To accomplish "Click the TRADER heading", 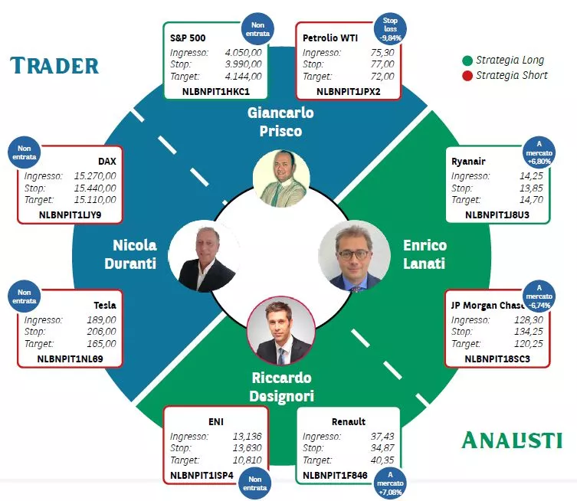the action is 54,66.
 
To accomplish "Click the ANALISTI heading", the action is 512,440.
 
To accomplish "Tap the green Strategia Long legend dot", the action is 467,61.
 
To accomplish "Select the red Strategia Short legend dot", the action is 467,76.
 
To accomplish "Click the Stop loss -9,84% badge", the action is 390,29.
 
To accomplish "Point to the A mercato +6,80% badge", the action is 539,152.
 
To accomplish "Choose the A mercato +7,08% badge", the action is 390,483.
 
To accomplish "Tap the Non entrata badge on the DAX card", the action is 25,152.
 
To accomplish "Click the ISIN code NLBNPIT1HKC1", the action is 216,92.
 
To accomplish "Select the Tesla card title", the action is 105,306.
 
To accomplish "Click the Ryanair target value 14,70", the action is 531,200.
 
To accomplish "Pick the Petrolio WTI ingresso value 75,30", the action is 382,53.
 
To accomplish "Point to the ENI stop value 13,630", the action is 247,448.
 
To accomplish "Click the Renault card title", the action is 349,421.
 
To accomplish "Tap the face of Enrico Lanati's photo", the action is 353,253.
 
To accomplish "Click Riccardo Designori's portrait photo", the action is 281,331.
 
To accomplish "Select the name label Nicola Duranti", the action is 130,254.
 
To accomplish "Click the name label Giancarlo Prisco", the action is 280,122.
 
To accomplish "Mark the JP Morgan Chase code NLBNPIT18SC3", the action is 497,359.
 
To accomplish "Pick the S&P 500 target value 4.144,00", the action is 243,77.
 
